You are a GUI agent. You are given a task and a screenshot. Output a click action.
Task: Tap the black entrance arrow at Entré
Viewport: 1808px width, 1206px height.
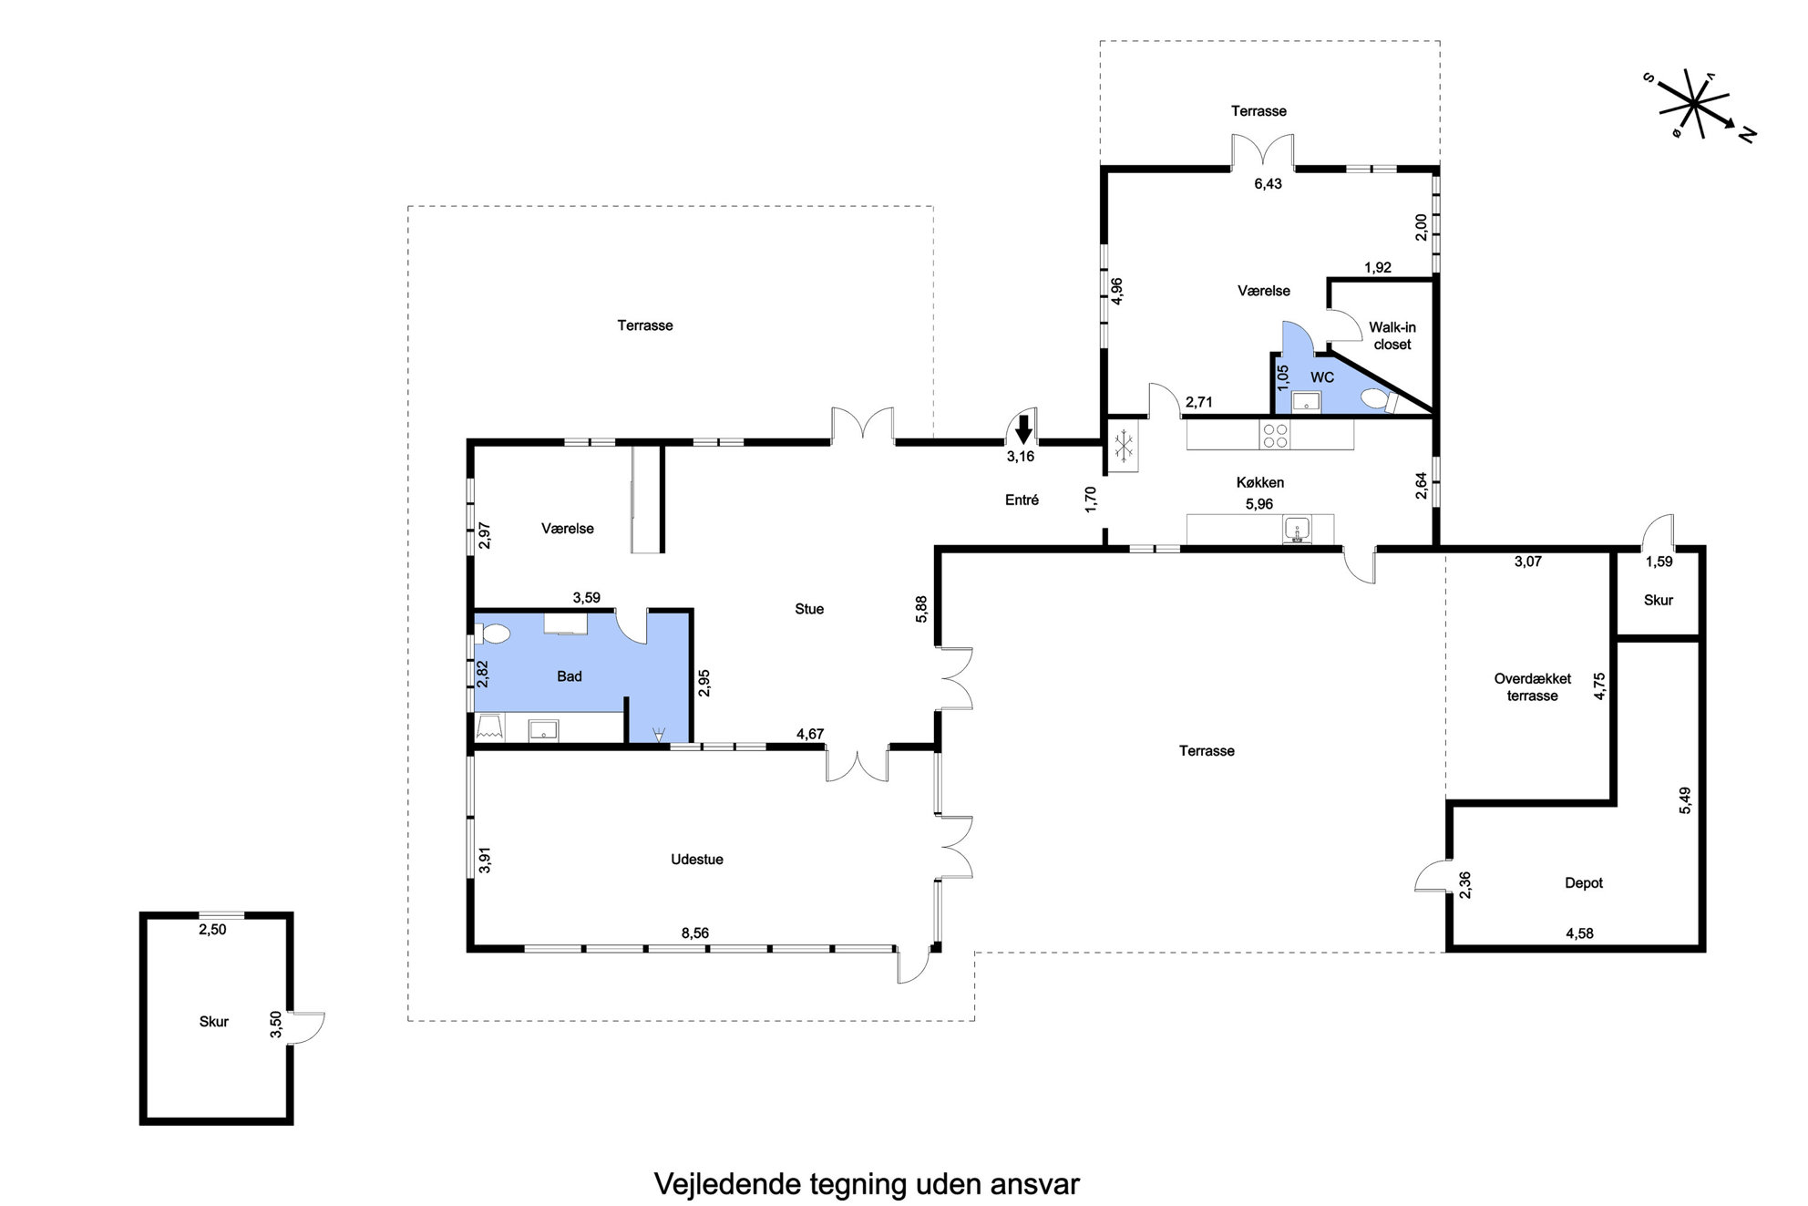point(1023,429)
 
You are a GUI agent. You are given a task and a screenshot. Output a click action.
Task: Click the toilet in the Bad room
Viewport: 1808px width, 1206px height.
point(493,634)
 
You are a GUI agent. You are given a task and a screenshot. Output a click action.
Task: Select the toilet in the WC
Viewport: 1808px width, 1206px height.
point(1372,399)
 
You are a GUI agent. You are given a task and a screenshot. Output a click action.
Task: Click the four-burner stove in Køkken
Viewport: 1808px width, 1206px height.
point(1275,436)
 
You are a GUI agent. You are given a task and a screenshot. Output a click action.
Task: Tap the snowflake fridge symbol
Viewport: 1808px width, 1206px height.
point(1125,446)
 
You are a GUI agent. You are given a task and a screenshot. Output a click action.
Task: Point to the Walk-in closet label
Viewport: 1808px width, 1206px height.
point(1392,335)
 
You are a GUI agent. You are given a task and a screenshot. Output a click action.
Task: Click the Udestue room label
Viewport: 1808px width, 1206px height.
point(697,860)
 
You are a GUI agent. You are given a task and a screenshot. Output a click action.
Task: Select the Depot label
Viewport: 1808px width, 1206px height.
point(1584,883)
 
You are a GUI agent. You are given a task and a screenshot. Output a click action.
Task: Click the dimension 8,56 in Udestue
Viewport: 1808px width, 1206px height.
point(694,933)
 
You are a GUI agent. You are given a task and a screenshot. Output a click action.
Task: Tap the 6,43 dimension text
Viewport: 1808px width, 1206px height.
point(1268,184)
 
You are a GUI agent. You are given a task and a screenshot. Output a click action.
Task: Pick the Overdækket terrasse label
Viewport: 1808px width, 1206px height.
point(1533,687)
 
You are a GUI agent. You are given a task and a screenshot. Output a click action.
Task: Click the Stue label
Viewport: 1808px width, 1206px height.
point(809,609)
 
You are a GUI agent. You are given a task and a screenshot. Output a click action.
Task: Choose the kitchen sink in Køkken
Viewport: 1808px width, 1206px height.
point(1296,529)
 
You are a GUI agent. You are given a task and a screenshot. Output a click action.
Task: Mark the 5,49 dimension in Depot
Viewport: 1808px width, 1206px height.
point(1685,799)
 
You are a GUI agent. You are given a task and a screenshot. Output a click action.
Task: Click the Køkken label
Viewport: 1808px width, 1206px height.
point(1260,482)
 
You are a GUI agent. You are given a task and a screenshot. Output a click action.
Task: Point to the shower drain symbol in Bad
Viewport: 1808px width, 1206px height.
point(659,733)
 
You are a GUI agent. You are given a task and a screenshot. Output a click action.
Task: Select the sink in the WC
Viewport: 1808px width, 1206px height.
point(1306,401)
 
